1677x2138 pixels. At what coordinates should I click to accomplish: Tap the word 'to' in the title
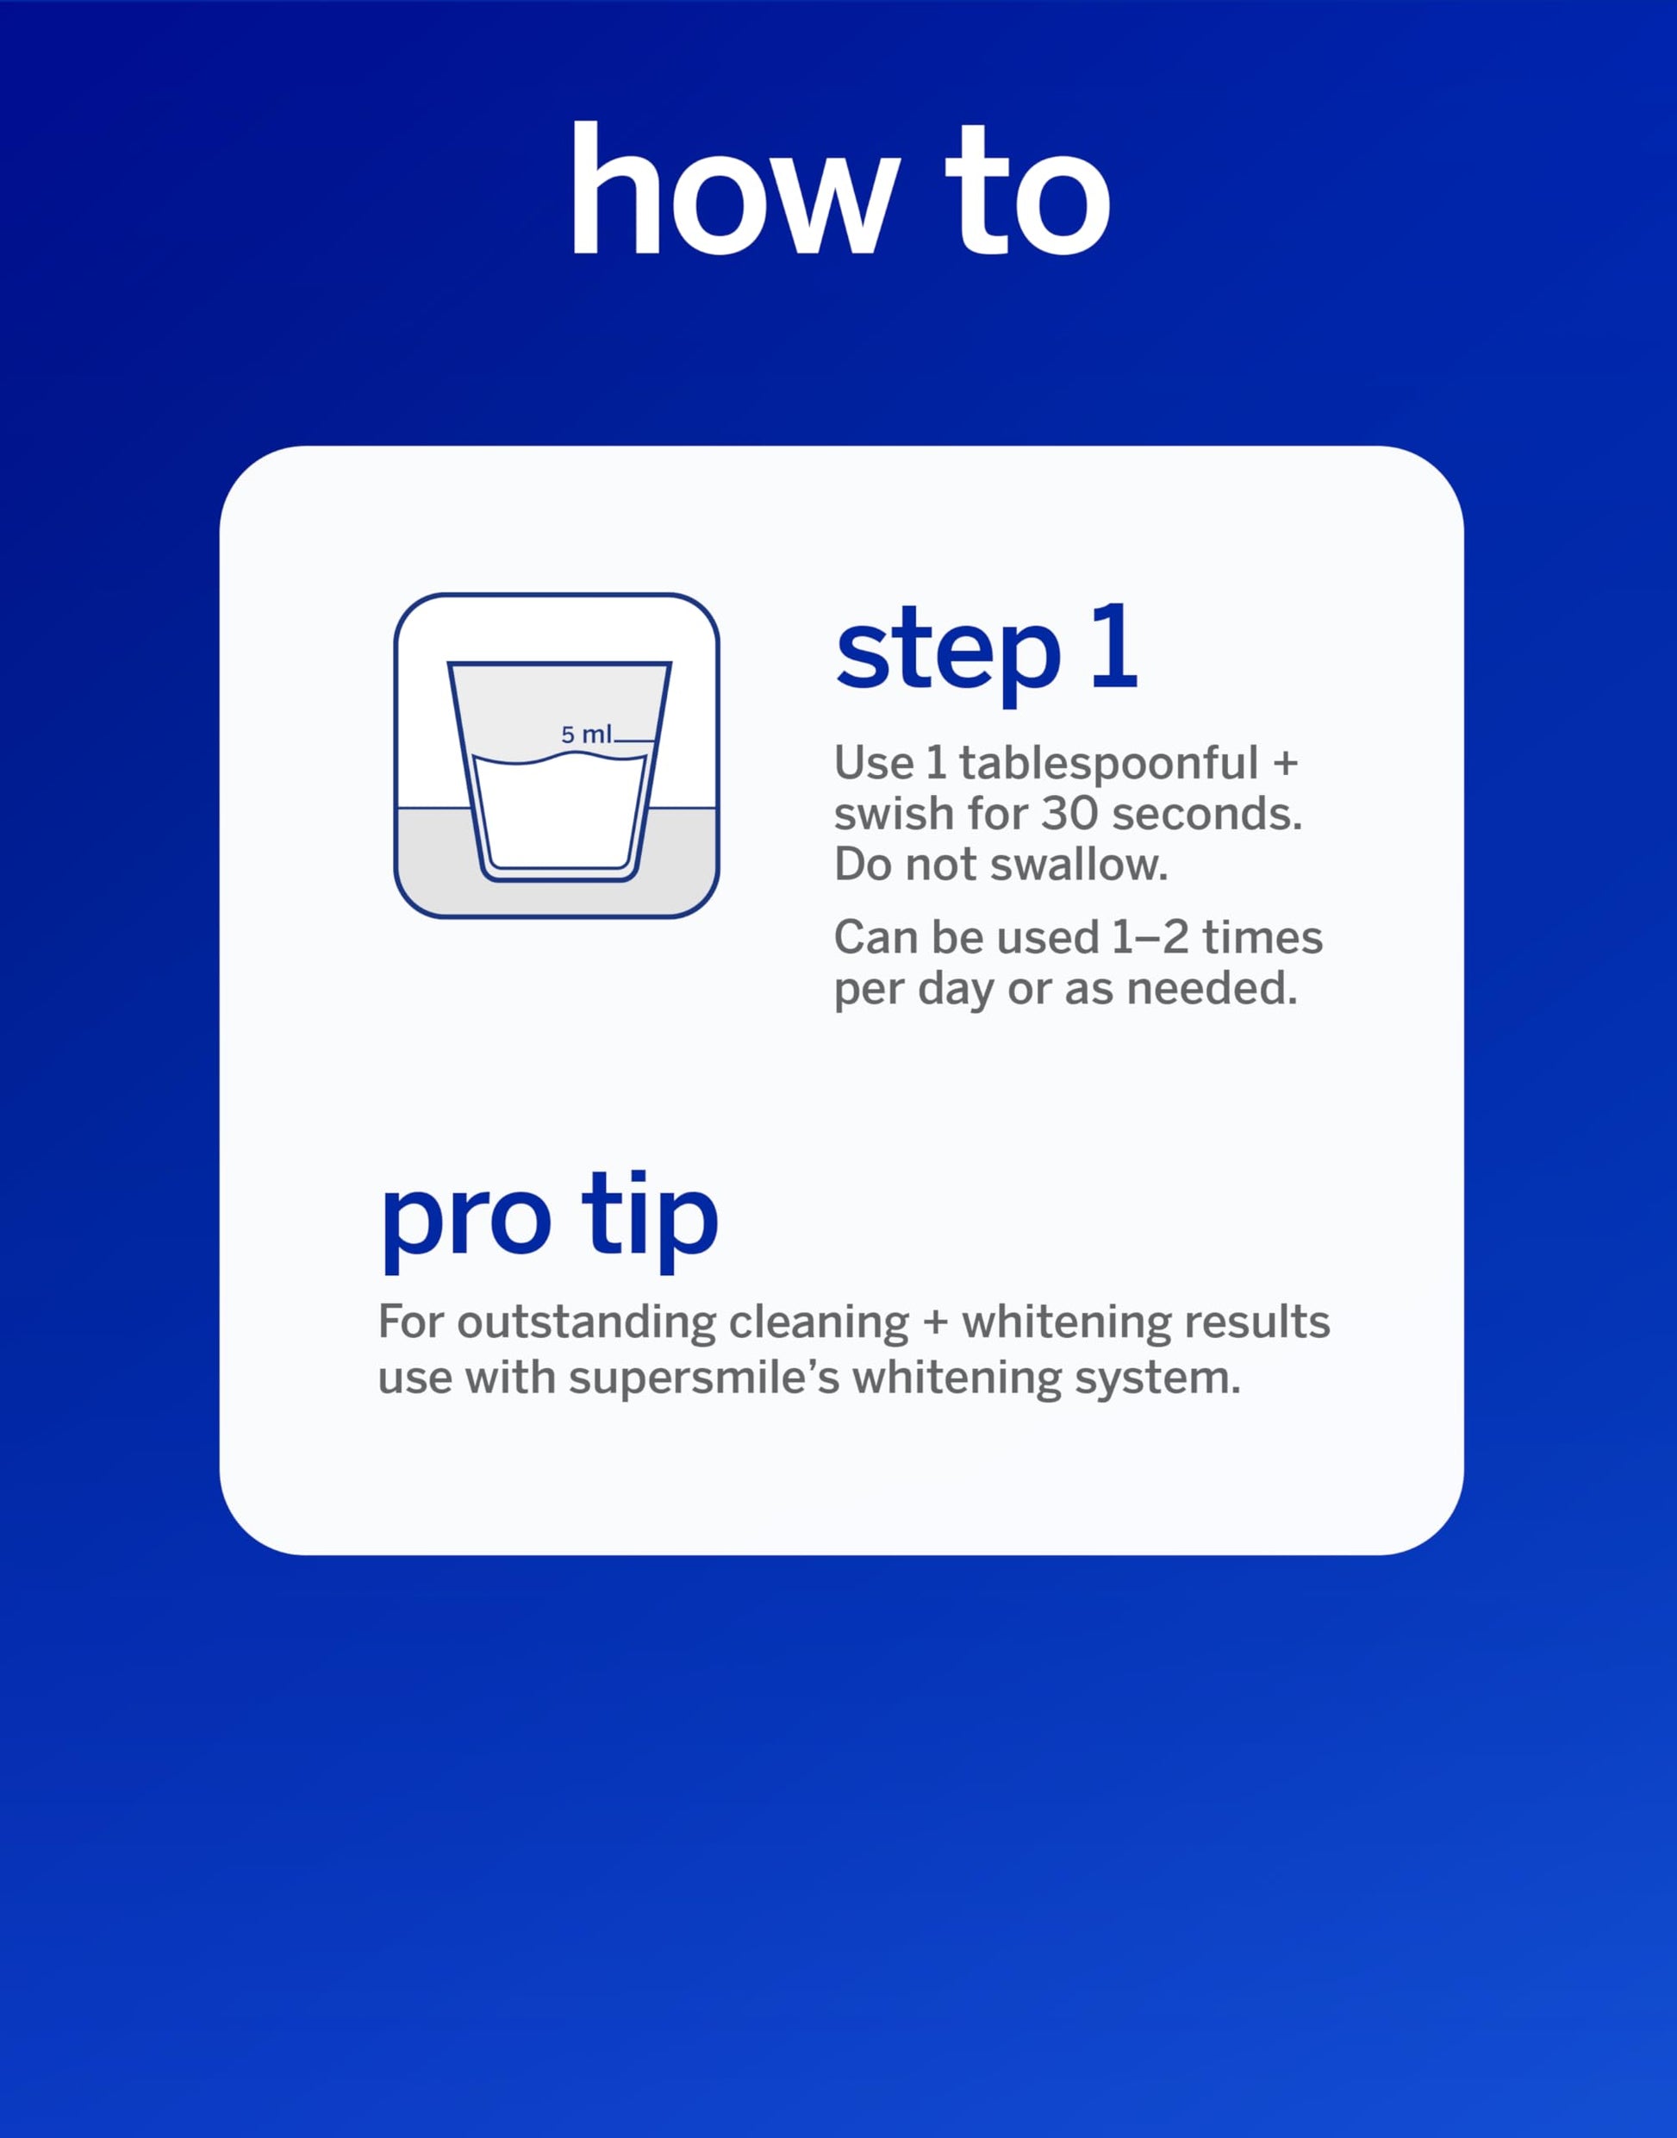pyautogui.click(x=1027, y=191)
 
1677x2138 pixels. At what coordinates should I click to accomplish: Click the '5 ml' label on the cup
pyautogui.click(x=586, y=734)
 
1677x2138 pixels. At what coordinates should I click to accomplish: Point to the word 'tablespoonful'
pyautogui.click(x=1108, y=764)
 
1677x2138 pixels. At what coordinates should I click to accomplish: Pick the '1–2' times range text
pyautogui.click(x=1150, y=938)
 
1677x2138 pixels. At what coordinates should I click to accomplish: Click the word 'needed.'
pyautogui.click(x=1212, y=988)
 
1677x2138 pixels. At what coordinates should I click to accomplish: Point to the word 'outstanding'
pyautogui.click(x=586, y=1322)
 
